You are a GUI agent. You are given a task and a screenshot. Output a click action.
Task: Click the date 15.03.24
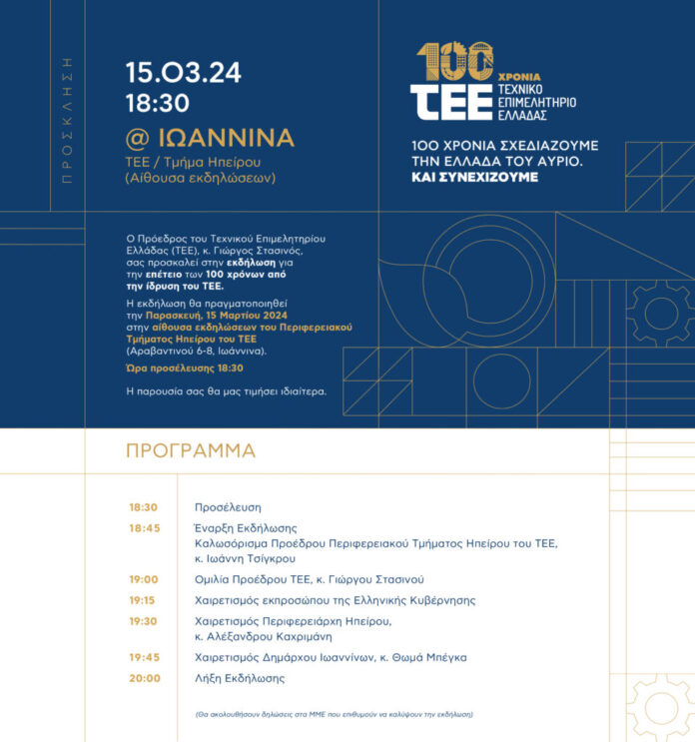coord(183,73)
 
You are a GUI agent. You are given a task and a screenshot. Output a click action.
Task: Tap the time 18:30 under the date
coord(158,102)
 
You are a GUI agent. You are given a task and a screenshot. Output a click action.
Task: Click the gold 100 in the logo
coord(454,62)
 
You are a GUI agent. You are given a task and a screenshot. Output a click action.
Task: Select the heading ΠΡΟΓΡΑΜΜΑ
coord(191,450)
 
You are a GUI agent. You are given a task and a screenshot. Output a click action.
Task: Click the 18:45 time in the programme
coord(144,528)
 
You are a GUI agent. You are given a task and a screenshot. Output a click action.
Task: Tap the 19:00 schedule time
coord(144,579)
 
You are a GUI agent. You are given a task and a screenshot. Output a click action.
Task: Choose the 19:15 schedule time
coord(142,600)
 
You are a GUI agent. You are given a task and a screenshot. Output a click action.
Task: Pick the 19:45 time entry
coord(144,657)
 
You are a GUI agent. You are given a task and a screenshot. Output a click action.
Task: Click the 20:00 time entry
coord(145,678)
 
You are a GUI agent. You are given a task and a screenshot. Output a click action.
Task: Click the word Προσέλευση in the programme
coord(228,507)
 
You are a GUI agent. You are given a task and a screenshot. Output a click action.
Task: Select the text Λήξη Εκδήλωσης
coord(240,678)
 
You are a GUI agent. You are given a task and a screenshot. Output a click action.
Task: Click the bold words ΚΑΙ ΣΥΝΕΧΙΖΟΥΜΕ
coord(475,177)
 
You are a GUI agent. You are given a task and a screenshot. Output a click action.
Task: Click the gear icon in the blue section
coord(658,314)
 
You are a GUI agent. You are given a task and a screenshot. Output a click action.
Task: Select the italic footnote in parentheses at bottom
coord(334,715)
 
